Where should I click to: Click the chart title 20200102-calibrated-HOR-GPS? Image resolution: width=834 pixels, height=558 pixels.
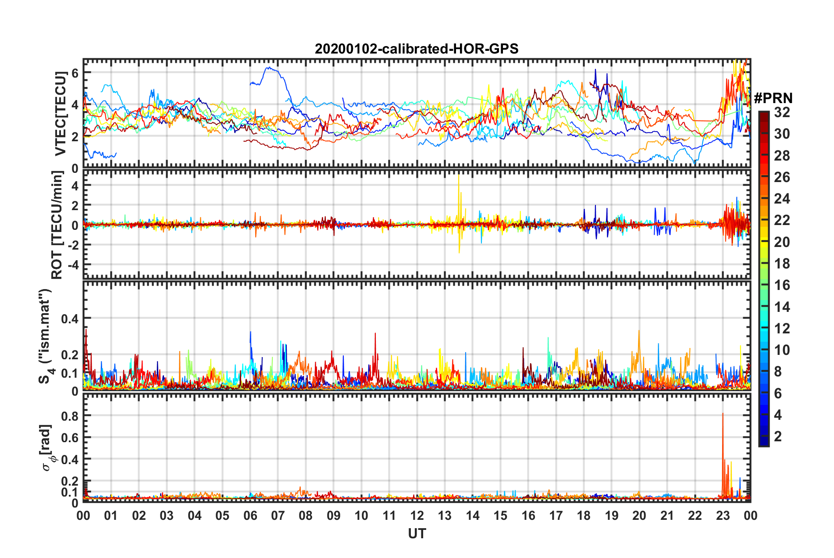(417, 49)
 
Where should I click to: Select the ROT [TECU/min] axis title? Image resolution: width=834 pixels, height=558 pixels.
(57, 225)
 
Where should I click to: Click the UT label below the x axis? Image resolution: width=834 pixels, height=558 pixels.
(417, 534)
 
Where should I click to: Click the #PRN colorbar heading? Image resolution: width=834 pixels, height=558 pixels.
(773, 98)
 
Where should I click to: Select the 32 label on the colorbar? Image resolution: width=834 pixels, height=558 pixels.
(782, 112)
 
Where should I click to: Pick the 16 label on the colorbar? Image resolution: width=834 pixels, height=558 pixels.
(782, 285)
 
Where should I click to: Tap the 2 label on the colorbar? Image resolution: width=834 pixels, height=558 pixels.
(778, 436)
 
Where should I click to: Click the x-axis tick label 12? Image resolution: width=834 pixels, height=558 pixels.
(417, 515)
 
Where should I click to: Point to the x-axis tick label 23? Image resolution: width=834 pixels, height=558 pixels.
(723, 515)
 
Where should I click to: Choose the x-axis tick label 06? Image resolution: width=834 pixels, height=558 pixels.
(250, 515)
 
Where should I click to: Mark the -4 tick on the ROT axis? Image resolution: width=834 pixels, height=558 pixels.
(72, 265)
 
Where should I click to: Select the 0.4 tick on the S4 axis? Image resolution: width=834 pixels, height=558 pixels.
(70, 318)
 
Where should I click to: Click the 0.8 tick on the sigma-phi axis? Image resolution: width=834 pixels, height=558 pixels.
(70, 416)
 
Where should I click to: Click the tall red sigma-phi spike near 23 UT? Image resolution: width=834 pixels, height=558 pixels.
(723, 415)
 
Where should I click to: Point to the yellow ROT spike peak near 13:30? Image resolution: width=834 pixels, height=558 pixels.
(459, 176)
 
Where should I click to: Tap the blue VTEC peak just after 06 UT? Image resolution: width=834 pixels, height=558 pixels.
(270, 68)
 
